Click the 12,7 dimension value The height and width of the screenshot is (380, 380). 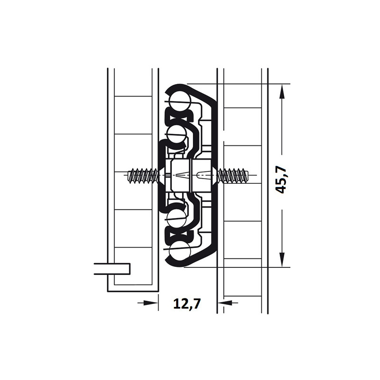tap(187, 303)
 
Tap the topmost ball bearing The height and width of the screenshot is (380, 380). tap(181, 101)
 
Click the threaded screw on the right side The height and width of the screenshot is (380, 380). tap(233, 175)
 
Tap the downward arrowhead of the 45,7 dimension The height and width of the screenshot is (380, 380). tap(282, 259)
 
